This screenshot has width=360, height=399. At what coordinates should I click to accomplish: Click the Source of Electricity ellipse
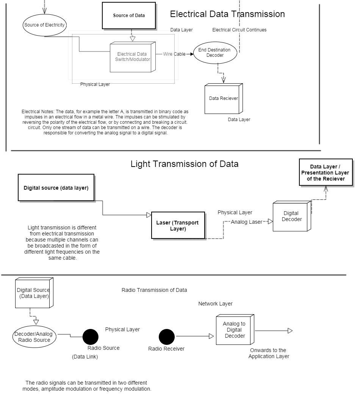coord(44,25)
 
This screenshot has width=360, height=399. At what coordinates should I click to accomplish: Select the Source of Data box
coord(129,16)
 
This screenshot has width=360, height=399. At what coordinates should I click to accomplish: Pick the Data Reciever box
coord(223,98)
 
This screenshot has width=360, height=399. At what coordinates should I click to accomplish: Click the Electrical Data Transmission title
coord(227,14)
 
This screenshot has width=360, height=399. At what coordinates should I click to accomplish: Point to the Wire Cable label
coord(174,54)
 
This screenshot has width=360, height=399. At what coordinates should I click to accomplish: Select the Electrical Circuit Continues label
coord(239,30)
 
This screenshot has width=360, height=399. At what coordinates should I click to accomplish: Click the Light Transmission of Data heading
coord(185,164)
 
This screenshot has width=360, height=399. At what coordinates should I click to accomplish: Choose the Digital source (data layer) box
coord(56,187)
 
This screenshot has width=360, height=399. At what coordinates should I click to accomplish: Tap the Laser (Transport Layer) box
coord(178,225)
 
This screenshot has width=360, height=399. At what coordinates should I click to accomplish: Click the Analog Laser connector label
coord(246,222)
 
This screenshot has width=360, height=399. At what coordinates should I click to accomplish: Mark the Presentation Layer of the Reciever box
coord(326,173)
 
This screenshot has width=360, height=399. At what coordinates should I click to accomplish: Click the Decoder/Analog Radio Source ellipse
coord(34,337)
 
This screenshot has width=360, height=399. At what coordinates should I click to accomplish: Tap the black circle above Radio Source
coord(91,337)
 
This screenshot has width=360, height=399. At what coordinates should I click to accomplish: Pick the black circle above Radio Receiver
coord(167,337)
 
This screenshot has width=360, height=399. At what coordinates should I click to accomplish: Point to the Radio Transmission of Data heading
coord(154,290)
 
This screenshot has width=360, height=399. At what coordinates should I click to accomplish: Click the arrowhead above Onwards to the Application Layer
coord(290,331)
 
